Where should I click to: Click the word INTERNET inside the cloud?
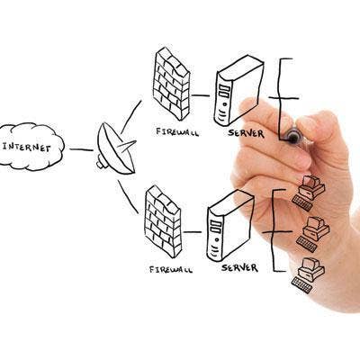coord(26,148)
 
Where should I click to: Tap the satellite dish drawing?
coord(116,148)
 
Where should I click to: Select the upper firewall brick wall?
coord(172,84)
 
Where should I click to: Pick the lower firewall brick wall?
coord(163,221)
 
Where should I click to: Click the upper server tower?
coord(238,91)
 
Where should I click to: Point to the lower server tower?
coord(230,226)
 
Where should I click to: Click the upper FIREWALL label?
coord(177,132)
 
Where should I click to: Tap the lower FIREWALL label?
coord(171,269)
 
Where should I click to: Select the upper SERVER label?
coord(246,133)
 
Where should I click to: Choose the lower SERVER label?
coord(239,267)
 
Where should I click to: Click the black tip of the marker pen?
coord(292,139)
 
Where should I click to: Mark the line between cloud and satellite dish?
coord(81,149)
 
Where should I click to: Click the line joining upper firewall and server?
coord(201,95)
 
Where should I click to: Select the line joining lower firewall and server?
coord(193,232)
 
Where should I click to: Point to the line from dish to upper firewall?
coord(130,117)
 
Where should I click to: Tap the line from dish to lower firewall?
coord(128,197)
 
